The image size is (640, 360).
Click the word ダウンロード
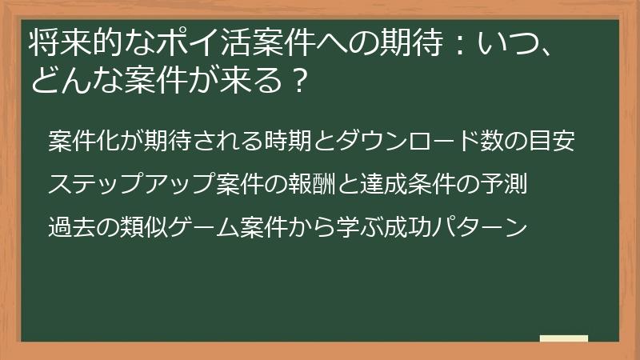click(x=405, y=142)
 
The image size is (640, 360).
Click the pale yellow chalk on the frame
click(x=563, y=338)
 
